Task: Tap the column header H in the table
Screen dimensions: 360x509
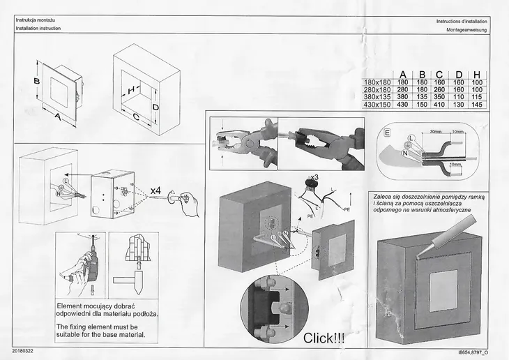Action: [476, 75]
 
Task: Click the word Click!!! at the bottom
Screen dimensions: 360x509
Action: [324, 339]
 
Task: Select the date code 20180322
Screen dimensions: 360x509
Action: [26, 348]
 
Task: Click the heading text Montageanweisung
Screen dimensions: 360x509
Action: [462, 29]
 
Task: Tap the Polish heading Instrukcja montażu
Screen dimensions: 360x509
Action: [37, 20]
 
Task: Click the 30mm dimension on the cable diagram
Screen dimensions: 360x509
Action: [436, 132]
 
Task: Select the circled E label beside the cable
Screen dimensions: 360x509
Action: [388, 132]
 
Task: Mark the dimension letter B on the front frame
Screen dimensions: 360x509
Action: [36, 82]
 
